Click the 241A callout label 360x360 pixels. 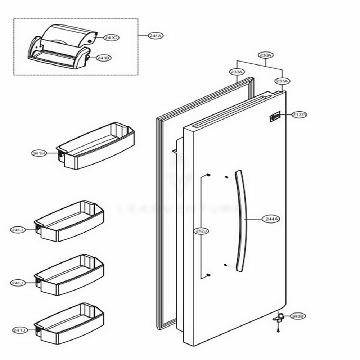(156, 36)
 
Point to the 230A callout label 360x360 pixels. (266, 55)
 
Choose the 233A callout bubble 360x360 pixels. (236, 72)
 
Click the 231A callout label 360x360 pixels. (282, 81)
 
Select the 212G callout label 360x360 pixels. (299, 115)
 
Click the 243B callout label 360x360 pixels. (298, 316)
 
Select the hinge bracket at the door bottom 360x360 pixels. (279, 318)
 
